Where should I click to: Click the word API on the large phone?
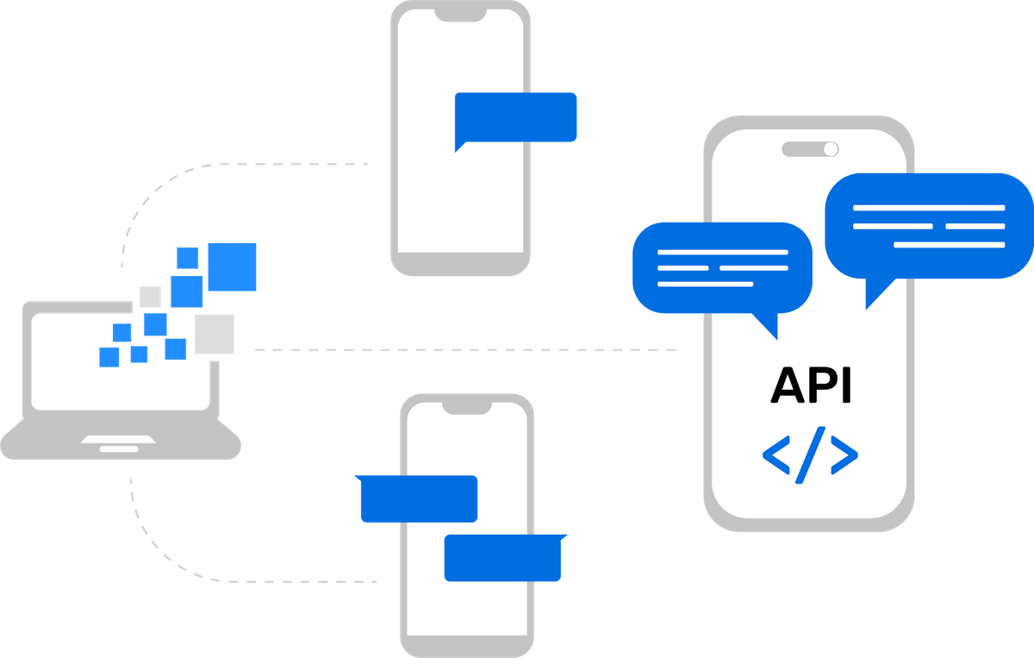pyautogui.click(x=810, y=385)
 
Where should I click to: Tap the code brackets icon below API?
pyautogui.click(x=810, y=454)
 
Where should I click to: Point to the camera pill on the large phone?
pyautogui.click(x=810, y=149)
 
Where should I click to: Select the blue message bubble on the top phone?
pyautogui.click(x=516, y=117)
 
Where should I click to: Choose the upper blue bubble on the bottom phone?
pyautogui.click(x=417, y=498)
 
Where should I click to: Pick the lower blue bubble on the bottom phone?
pyautogui.click(x=504, y=558)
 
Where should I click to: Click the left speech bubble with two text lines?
pyautogui.click(x=722, y=266)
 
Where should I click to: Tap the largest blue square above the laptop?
pyautogui.click(x=233, y=266)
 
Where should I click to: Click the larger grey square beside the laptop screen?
pyautogui.click(x=215, y=334)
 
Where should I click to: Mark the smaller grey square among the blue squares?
pyautogui.click(x=150, y=297)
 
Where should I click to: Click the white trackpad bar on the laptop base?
pyautogui.click(x=113, y=448)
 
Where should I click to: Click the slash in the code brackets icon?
pyautogui.click(x=810, y=454)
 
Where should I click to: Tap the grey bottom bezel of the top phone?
pyautogui.click(x=458, y=263)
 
